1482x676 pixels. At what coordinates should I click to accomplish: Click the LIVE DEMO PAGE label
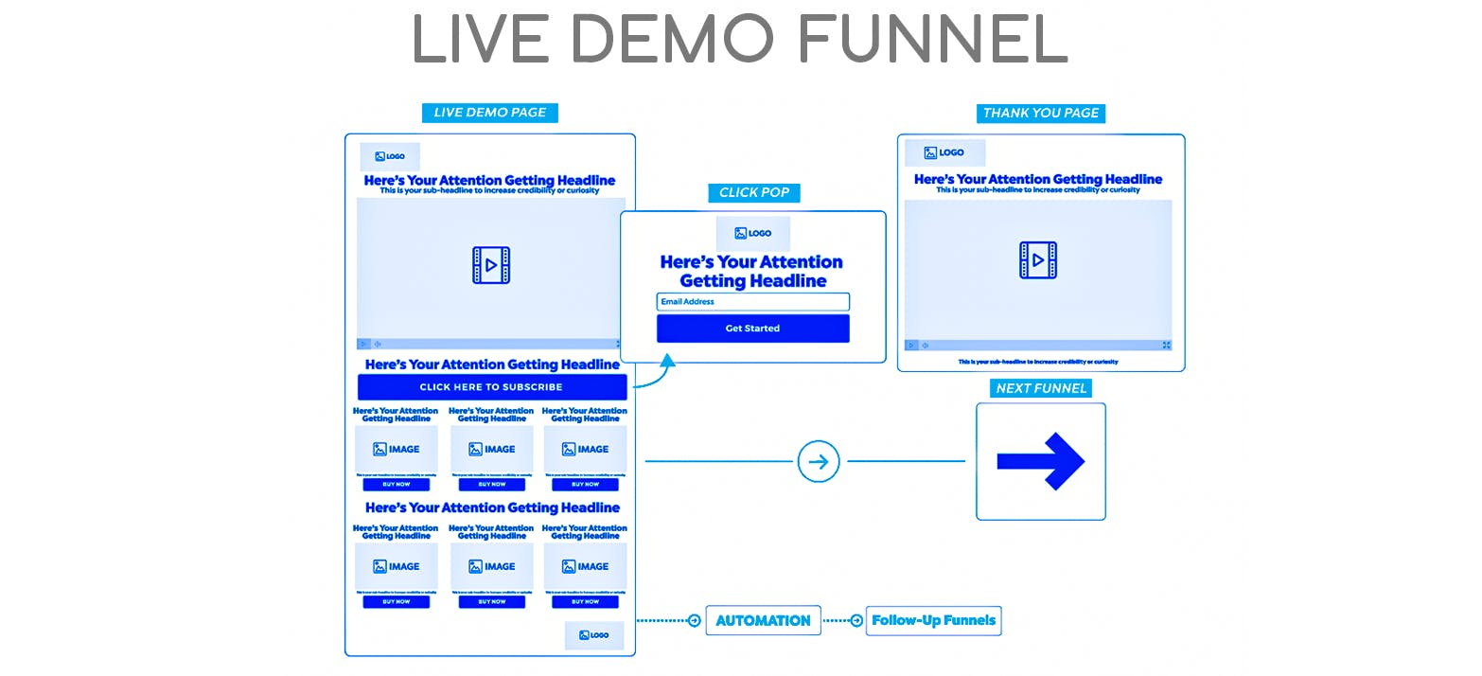click(489, 113)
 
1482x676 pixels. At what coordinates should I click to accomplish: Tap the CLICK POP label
click(753, 192)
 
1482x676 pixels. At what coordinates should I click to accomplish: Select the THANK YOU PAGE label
click(1041, 113)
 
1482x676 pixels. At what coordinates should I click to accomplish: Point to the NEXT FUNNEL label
click(1041, 388)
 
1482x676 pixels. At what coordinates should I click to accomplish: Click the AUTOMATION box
click(763, 621)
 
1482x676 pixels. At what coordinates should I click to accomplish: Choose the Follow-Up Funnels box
click(933, 621)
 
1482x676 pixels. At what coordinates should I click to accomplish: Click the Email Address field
click(752, 302)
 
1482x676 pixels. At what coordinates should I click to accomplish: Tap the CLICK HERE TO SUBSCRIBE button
click(491, 387)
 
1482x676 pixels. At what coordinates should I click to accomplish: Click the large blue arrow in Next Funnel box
click(1040, 462)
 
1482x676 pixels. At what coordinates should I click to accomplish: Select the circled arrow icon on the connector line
click(819, 462)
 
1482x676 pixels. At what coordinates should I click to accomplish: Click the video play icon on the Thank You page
click(1038, 260)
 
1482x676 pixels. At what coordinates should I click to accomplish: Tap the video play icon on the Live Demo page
click(491, 265)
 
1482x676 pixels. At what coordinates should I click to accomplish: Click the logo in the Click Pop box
click(752, 233)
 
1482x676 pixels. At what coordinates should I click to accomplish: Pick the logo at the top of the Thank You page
click(944, 152)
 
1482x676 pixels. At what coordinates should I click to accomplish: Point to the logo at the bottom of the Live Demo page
click(594, 635)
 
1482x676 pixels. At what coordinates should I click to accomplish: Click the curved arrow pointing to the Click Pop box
click(656, 373)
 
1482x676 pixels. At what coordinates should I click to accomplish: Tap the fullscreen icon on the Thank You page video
click(1166, 346)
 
